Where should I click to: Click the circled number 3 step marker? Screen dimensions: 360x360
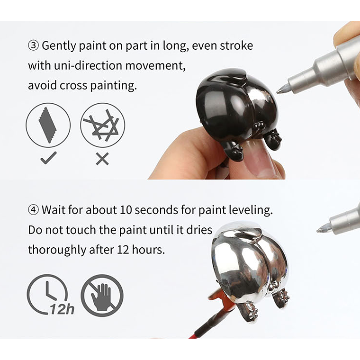34,45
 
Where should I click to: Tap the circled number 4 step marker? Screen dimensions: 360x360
34,210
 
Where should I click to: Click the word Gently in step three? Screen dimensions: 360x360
59,46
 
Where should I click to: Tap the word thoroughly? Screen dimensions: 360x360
57,250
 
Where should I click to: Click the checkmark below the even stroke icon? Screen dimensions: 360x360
48,158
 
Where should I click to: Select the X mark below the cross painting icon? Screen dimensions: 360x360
102,159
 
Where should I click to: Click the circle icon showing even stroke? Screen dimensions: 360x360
48,125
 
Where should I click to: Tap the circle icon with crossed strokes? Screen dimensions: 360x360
103,125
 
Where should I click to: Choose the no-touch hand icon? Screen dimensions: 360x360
102,296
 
